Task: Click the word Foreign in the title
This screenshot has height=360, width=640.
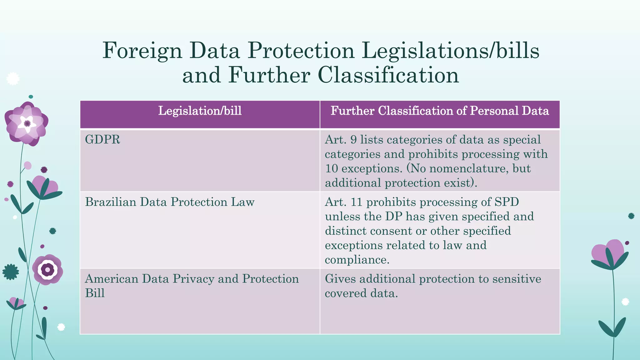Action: (142, 51)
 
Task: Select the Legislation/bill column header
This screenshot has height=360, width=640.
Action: (200, 111)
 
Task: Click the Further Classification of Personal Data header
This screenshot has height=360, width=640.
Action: (440, 111)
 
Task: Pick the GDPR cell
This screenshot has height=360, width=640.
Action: (102, 140)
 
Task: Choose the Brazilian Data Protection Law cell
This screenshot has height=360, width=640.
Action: (170, 202)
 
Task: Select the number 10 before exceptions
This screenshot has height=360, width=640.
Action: (332, 168)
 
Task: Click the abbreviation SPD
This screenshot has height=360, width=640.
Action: (507, 202)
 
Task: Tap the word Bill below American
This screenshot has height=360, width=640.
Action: (95, 293)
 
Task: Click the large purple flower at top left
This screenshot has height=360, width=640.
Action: (27, 124)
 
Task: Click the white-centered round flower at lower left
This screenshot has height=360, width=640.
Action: (47, 269)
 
